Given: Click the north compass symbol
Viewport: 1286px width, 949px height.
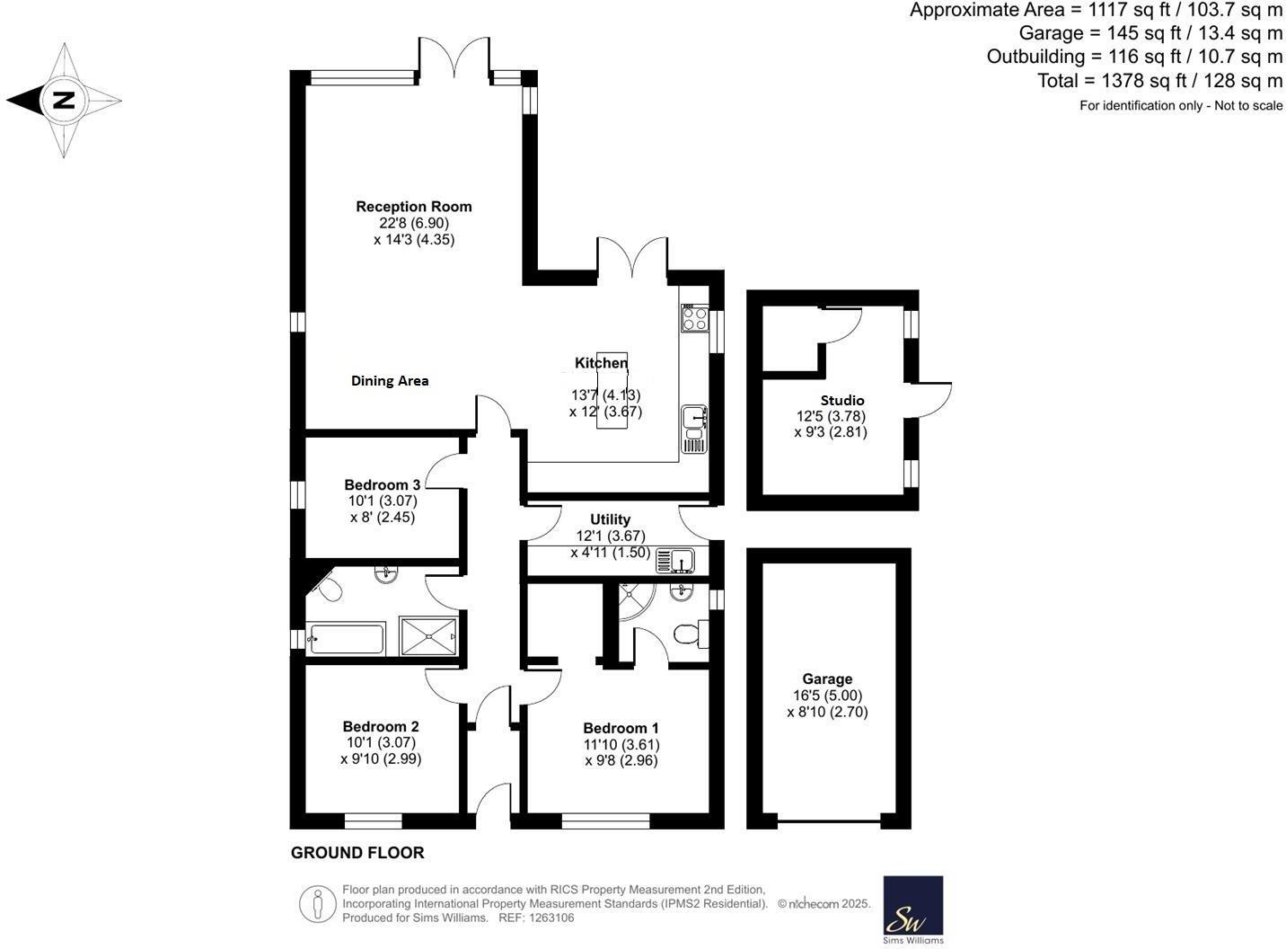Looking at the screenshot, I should pyautogui.click(x=63, y=100).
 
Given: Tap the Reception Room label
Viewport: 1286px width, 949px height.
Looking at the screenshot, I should pyautogui.click(x=413, y=207).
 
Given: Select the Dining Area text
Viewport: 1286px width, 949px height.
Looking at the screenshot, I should pyautogui.click(x=389, y=381).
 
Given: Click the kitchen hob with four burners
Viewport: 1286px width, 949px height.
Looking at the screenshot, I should pyautogui.click(x=694, y=318).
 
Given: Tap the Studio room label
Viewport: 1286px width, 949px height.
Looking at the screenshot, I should pyautogui.click(x=841, y=401).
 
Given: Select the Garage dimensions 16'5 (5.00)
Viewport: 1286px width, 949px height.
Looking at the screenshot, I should pyautogui.click(x=826, y=696).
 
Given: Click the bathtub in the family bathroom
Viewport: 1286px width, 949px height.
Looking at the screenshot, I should pyautogui.click(x=346, y=639).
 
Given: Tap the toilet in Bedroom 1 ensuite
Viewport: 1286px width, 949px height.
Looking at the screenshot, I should pyautogui.click(x=688, y=634).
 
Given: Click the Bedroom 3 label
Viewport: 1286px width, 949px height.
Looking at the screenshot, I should pyautogui.click(x=382, y=485).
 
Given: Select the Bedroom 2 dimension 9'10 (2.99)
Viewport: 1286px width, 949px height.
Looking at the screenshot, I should pyautogui.click(x=381, y=758).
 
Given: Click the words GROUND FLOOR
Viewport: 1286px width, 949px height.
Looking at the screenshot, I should pyautogui.click(x=357, y=853).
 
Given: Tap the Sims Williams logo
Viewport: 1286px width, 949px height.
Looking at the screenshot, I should pyautogui.click(x=912, y=909).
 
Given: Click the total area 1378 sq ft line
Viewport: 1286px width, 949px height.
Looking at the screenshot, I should pyautogui.click(x=1159, y=81).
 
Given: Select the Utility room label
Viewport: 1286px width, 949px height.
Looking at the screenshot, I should pyautogui.click(x=610, y=519).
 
